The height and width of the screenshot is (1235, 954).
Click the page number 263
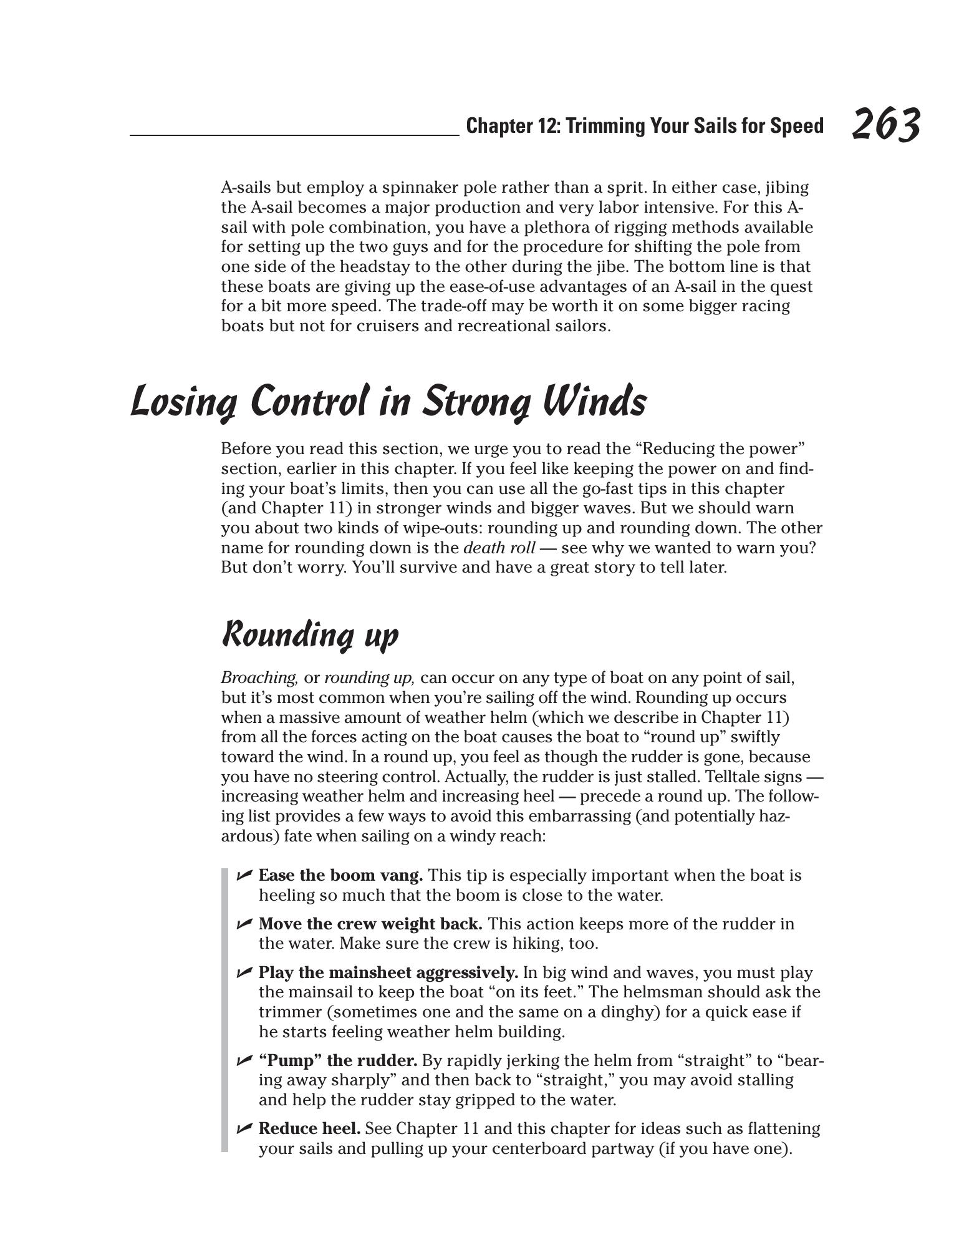(885, 125)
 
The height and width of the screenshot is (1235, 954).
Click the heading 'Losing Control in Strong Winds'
(388, 401)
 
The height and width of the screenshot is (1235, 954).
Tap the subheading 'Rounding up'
(310, 635)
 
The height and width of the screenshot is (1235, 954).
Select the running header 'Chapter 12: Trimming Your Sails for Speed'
(645, 126)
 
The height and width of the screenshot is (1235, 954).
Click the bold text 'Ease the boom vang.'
(341, 876)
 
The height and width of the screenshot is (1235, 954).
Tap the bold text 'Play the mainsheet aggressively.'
(388, 972)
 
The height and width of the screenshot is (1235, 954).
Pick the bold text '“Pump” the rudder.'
(338, 1060)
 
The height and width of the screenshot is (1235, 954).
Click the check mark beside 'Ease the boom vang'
(244, 876)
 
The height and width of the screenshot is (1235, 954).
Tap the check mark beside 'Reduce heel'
(244, 1129)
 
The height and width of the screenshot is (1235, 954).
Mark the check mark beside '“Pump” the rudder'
(244, 1060)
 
